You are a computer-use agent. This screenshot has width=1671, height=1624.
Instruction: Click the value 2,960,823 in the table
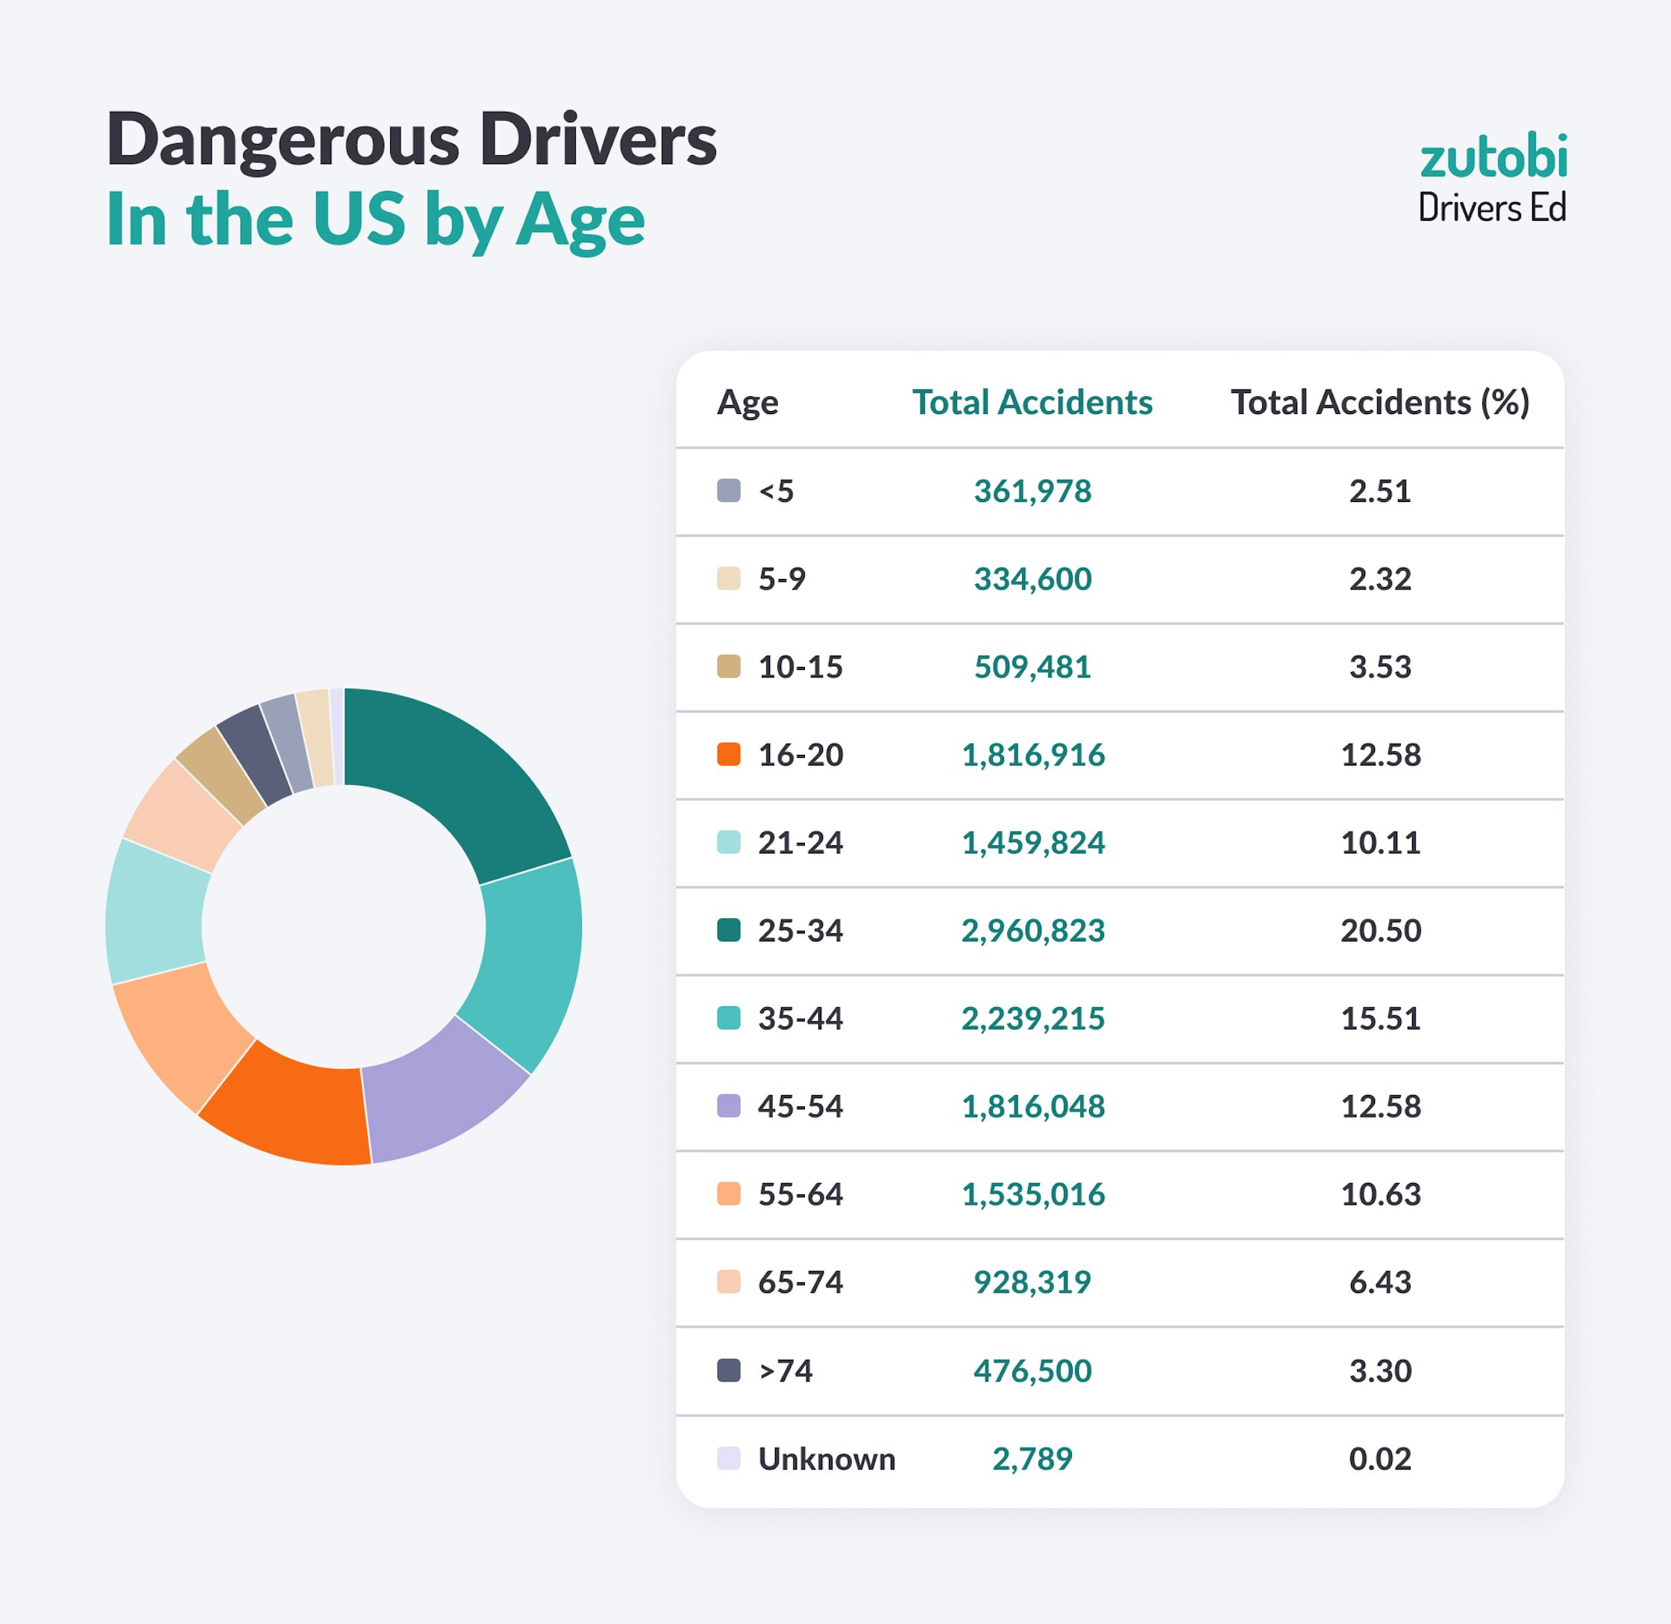tap(1032, 930)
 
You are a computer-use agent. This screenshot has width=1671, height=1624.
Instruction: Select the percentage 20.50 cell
tap(1380, 930)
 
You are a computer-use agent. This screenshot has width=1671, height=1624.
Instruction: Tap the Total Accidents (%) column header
tap(1379, 403)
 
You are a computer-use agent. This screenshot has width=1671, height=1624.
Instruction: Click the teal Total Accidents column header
tap(1032, 403)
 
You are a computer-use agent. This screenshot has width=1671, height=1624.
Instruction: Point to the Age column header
tap(747, 403)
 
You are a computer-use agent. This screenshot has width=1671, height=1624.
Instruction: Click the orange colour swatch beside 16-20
tap(728, 755)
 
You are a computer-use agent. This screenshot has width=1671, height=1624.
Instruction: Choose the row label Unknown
tap(826, 1459)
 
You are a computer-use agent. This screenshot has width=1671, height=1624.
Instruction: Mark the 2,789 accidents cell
tap(1032, 1459)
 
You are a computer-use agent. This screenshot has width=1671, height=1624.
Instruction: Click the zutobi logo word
tap(1493, 158)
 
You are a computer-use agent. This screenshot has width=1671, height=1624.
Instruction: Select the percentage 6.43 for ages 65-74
tap(1380, 1282)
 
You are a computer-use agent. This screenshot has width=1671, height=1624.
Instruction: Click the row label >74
tap(785, 1370)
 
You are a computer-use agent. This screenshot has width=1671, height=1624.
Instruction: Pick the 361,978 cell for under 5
tap(1032, 492)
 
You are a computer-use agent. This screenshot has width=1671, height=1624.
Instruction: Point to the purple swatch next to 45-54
tap(728, 1106)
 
